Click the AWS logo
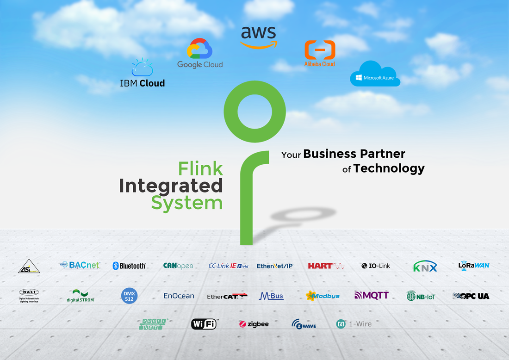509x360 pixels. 259,37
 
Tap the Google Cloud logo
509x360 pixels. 200,54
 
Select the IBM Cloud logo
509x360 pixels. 142,74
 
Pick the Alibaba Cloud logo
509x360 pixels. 320,54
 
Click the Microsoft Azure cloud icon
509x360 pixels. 375,74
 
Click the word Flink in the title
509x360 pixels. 201,168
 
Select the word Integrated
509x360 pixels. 171,186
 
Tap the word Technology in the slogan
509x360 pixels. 389,168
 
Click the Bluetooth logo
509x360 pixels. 130,266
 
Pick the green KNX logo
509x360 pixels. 425,267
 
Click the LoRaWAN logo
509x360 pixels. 474,266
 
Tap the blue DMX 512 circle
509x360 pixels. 129,296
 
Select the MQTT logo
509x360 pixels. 372,295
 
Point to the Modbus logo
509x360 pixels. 323,296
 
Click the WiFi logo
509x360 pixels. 204,324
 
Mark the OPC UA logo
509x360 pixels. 471,296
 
